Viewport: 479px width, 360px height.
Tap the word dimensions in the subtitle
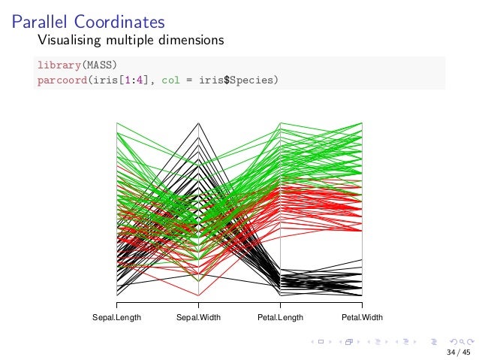pos(187,39)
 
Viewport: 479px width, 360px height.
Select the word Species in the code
pos(259,79)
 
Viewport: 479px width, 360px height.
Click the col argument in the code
pos(173,79)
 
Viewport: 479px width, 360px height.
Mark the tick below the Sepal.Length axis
pos(116,304)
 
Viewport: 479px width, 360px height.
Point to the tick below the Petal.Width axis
pos(362,304)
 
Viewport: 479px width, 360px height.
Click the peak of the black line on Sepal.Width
pos(198,123)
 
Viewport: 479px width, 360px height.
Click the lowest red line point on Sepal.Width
pos(198,295)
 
